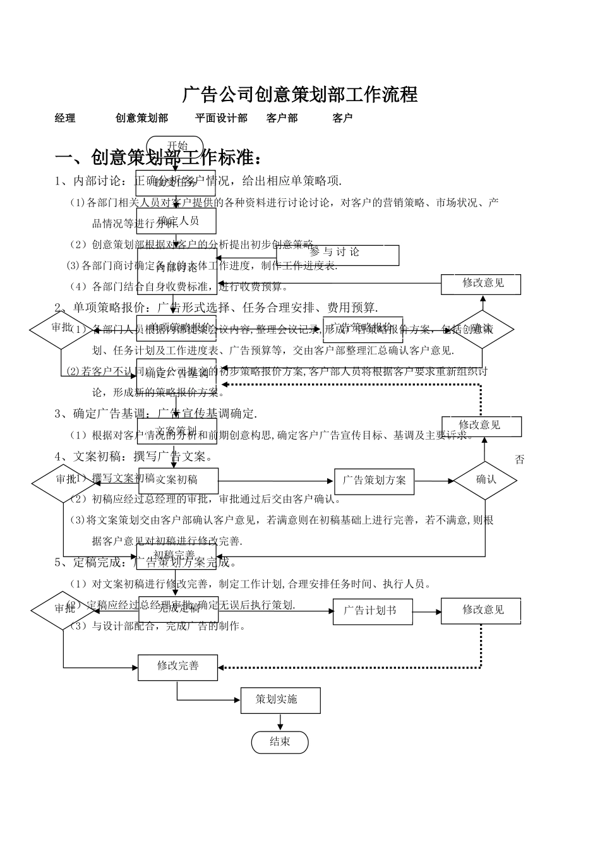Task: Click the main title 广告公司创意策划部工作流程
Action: [300, 95]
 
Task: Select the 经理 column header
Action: [65, 118]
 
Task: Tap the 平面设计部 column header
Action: [221, 118]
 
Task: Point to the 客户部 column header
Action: [282, 118]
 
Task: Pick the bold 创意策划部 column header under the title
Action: [141, 118]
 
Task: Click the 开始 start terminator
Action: [175, 145]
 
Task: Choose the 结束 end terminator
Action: [279, 742]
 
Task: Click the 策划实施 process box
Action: [280, 700]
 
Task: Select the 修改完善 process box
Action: [177, 666]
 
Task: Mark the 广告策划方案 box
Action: [374, 481]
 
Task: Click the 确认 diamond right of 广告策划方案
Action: [485, 480]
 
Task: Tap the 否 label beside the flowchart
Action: [519, 460]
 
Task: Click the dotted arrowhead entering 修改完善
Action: [222, 667]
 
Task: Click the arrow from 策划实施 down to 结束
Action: [279, 722]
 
